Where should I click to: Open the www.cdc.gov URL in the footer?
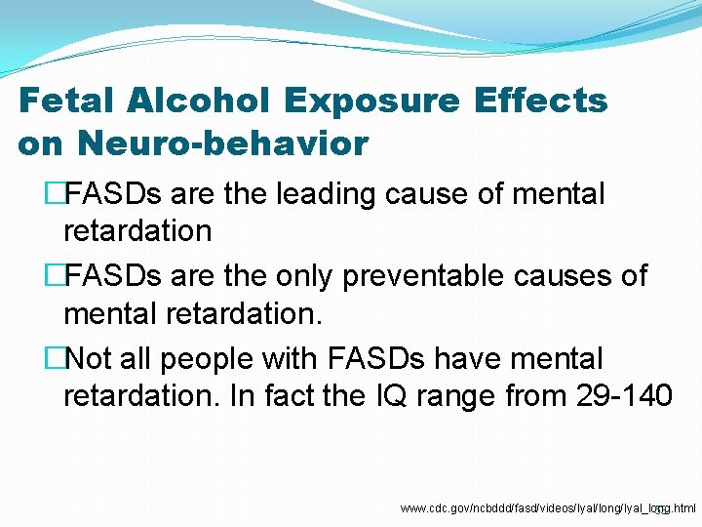[x=547, y=508]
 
